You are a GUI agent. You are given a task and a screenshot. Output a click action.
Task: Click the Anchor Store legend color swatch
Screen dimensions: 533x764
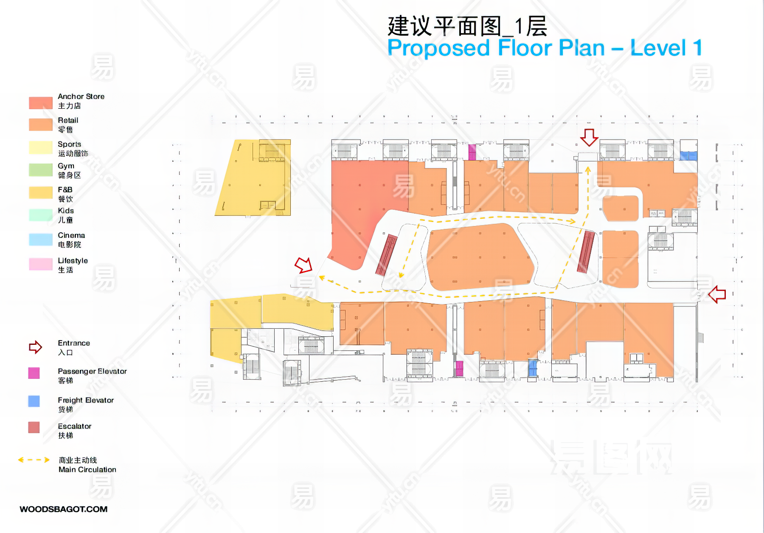pos(40,103)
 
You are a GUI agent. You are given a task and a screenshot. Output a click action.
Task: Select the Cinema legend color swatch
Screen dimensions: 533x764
pos(40,240)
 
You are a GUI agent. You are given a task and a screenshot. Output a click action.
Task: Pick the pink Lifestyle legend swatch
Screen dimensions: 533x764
pos(40,264)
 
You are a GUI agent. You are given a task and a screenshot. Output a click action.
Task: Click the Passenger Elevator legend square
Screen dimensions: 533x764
pos(34,373)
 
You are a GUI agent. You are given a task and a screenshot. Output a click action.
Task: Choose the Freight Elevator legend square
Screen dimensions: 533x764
pos(34,401)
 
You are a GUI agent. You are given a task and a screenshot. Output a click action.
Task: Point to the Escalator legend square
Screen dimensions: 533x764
pos(34,427)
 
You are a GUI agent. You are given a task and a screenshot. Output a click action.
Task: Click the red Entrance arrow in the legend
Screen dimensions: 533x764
pos(35,347)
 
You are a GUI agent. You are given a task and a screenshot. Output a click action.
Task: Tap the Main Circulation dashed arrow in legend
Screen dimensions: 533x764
pos(34,460)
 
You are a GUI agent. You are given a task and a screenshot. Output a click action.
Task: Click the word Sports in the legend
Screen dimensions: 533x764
pos(69,144)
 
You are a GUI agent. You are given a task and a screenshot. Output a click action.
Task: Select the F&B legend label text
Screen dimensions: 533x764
pos(65,189)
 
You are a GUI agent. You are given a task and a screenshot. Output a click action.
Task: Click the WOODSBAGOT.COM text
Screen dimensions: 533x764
pos(64,509)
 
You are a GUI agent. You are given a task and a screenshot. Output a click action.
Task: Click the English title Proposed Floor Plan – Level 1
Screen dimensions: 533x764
pos(545,48)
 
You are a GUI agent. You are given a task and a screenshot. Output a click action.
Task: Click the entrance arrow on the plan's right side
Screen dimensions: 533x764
pos(717,294)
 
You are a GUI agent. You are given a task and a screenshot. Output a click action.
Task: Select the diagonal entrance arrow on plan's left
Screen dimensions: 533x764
pos(303,265)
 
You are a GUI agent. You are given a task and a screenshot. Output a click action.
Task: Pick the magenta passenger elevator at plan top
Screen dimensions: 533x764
pos(472,152)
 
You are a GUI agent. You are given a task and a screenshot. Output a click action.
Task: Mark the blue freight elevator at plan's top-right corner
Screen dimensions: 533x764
pos(688,156)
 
